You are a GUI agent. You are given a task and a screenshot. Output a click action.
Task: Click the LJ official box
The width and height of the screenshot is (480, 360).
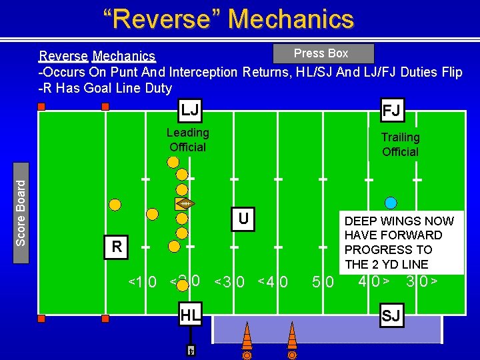[x=190, y=109]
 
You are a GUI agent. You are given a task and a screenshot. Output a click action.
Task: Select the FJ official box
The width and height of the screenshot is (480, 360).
[x=391, y=109]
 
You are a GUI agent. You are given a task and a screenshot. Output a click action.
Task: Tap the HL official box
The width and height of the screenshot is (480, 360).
[x=190, y=315]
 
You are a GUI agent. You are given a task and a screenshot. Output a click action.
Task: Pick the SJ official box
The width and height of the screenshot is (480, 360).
[x=391, y=315]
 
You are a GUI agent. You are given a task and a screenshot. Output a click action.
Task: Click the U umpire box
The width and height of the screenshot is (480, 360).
[x=244, y=219]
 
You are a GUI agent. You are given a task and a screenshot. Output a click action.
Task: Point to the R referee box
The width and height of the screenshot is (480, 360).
[x=117, y=247]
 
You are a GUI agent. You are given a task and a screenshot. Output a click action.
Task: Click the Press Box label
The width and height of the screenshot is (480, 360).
[x=321, y=53]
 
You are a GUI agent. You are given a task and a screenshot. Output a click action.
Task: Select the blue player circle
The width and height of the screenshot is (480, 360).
[x=391, y=203]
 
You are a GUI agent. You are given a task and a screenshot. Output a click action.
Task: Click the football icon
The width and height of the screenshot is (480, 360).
[x=185, y=203]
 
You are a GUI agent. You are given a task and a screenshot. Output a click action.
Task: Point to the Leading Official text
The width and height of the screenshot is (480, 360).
[x=187, y=140]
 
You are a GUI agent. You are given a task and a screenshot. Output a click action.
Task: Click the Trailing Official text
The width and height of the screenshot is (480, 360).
[x=400, y=145]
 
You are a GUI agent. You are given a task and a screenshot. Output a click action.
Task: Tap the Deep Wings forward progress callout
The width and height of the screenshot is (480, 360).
[x=399, y=243]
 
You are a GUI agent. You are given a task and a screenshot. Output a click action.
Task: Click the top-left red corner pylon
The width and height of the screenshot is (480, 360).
[x=41, y=107]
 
